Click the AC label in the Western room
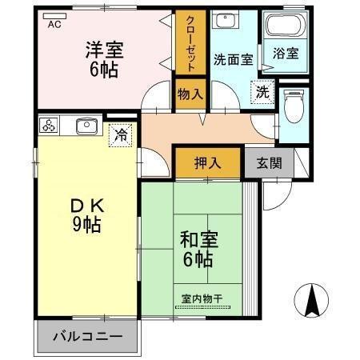tap(54, 25)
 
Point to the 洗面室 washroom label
tap(233, 58)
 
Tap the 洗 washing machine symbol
tap(262, 92)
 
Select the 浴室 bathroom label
tap(286, 54)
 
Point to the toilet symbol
tap(292, 106)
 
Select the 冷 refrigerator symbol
tap(120, 134)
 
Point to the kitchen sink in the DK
tap(86, 126)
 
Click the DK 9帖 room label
tap(85, 214)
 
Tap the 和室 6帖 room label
tap(195, 248)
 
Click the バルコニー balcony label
tap(87, 336)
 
